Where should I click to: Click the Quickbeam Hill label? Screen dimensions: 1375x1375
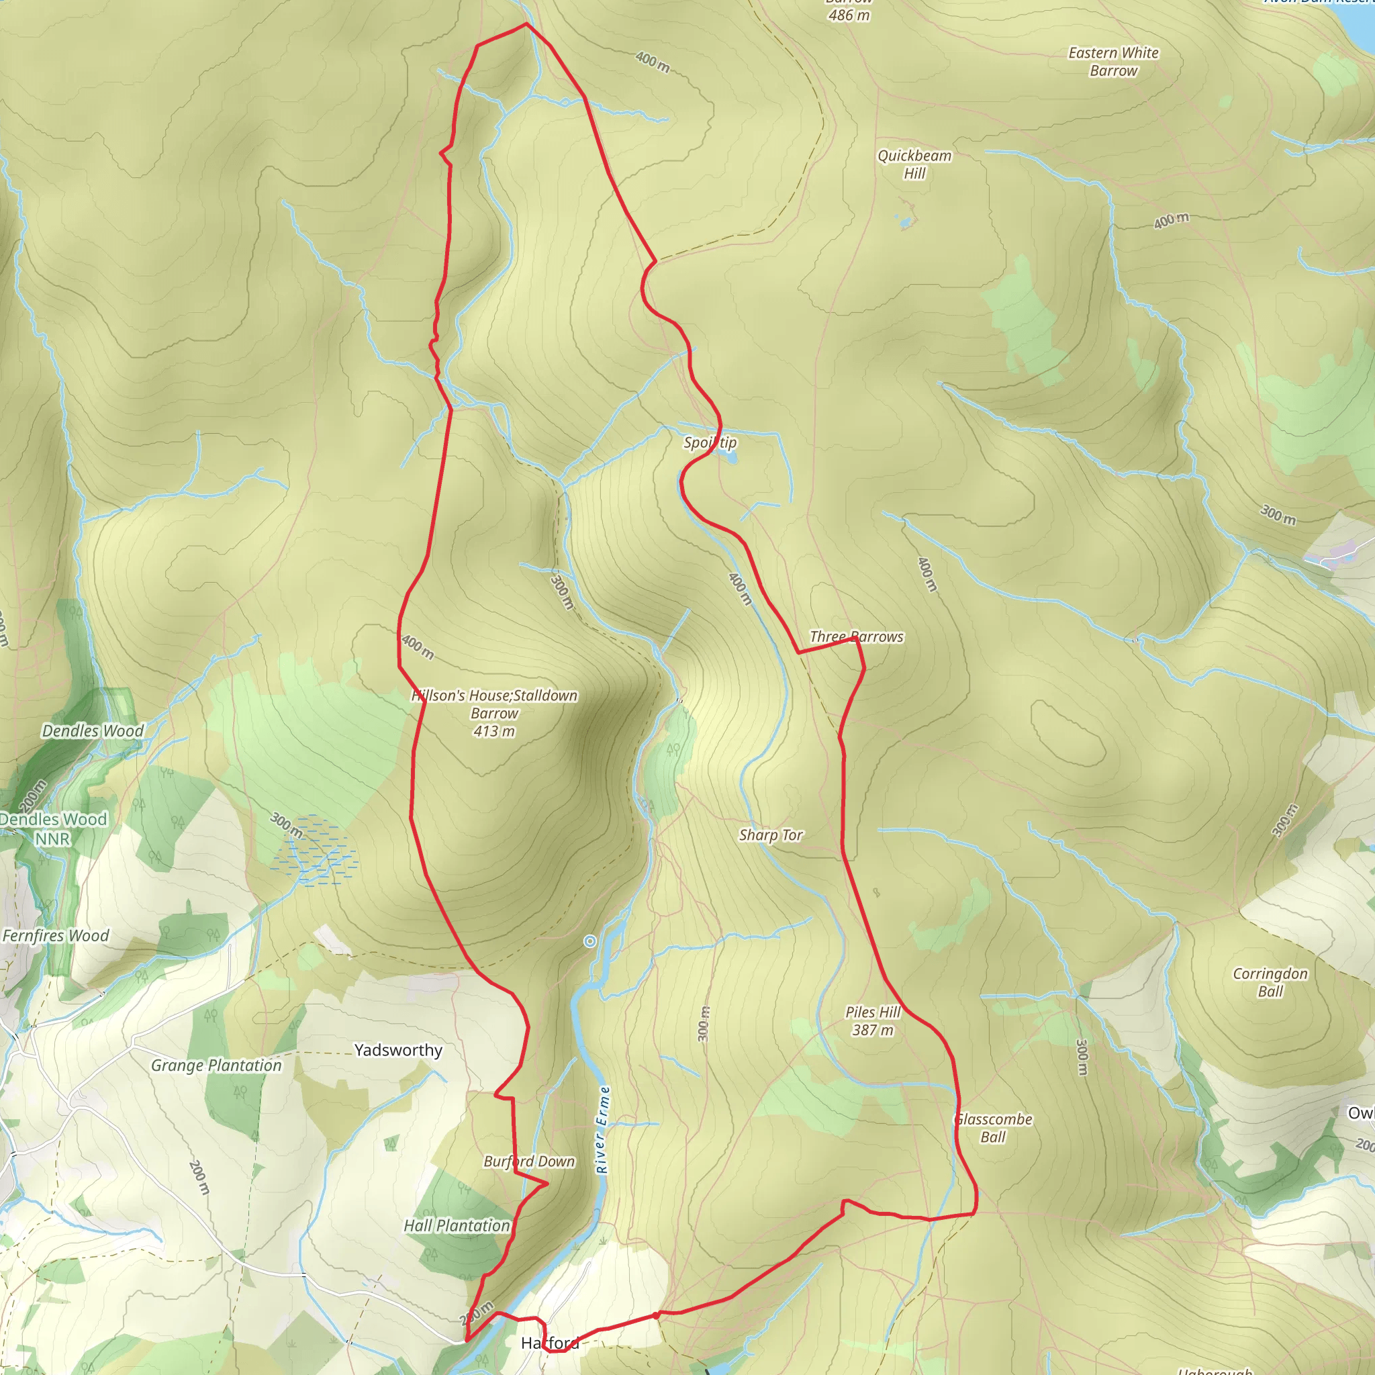coord(914,164)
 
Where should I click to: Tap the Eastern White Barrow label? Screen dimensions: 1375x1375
coord(1113,62)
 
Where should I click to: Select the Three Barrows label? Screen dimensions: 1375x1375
coord(856,637)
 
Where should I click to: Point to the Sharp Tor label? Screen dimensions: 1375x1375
coord(771,835)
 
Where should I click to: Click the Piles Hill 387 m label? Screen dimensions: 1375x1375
coord(873,1021)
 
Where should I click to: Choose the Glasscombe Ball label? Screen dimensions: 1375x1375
coord(994,1128)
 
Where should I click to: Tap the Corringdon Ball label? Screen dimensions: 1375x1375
coord(1270,982)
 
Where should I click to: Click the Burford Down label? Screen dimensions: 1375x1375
coord(529,1161)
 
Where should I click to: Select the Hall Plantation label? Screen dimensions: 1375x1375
coord(457,1225)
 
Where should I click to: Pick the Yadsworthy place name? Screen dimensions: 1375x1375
coord(399,1051)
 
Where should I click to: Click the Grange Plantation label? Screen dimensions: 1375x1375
coord(216,1065)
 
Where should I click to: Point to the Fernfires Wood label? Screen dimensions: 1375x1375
coord(56,936)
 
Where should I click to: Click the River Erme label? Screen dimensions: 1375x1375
coord(603,1130)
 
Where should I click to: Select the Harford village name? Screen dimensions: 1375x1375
coord(549,1343)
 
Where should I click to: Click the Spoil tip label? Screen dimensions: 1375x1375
coord(710,442)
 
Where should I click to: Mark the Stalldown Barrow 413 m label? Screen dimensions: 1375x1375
coord(495,713)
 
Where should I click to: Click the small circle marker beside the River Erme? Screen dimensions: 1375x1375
coord(590,941)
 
